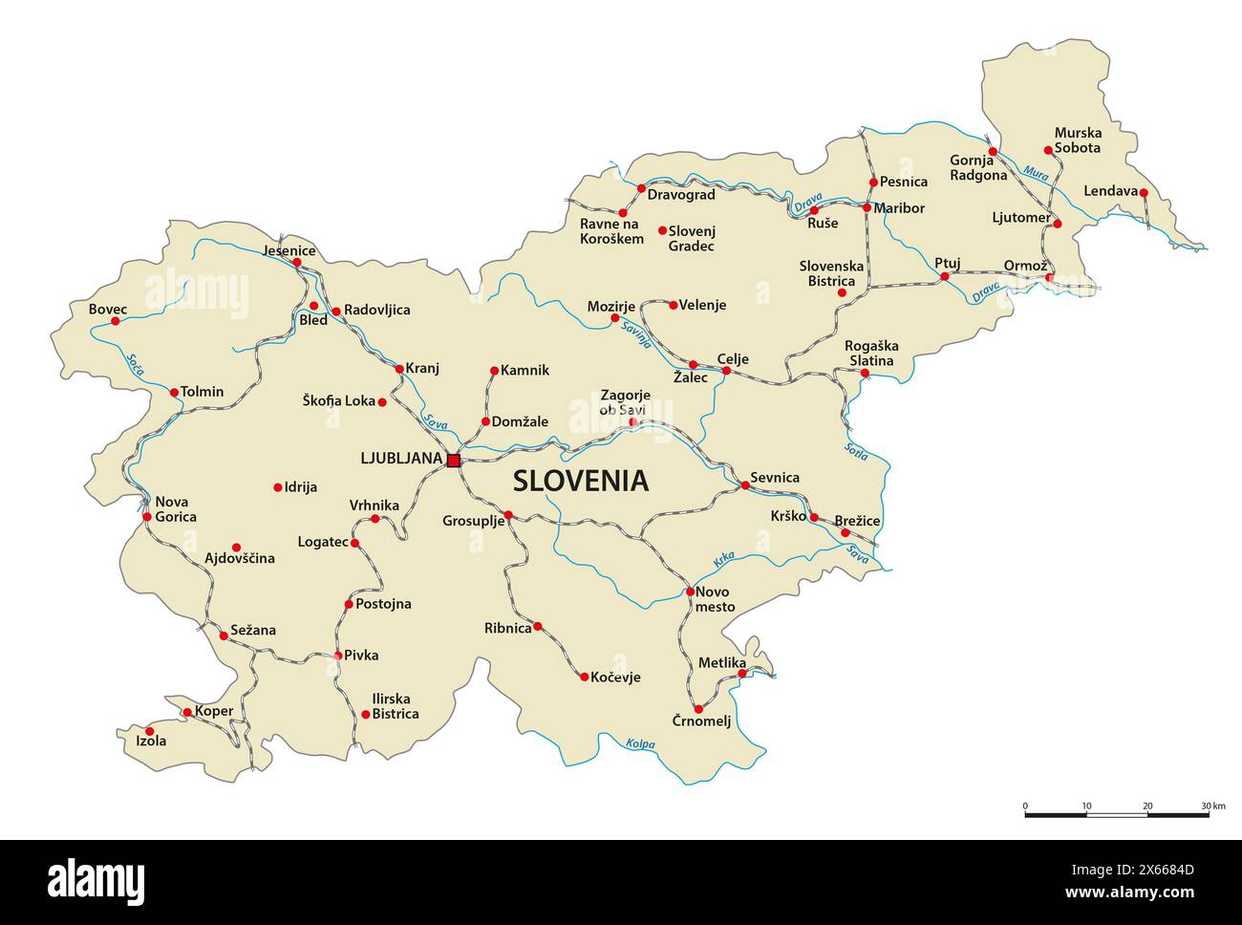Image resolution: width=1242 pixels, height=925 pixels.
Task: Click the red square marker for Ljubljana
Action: (453, 460)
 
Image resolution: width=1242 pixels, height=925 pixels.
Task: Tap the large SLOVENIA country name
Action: (581, 481)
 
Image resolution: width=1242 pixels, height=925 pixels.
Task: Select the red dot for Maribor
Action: (867, 207)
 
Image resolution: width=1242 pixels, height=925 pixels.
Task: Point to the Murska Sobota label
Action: (1078, 140)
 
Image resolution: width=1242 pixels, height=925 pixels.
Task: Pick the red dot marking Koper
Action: (187, 712)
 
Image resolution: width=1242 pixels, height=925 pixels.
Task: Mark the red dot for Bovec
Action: (116, 321)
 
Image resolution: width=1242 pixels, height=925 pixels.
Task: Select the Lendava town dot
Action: (1143, 192)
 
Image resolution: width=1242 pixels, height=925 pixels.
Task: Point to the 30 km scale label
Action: (1213, 806)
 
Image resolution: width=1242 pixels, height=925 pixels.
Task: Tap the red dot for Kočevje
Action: (585, 677)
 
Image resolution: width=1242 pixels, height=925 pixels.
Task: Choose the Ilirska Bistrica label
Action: (395, 706)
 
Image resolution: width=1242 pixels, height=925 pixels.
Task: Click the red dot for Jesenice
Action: (296, 262)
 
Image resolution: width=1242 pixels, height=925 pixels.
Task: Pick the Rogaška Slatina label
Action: (869, 353)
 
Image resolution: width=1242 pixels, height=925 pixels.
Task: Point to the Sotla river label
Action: (855, 450)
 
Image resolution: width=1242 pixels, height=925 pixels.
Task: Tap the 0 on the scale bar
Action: (1025, 806)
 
